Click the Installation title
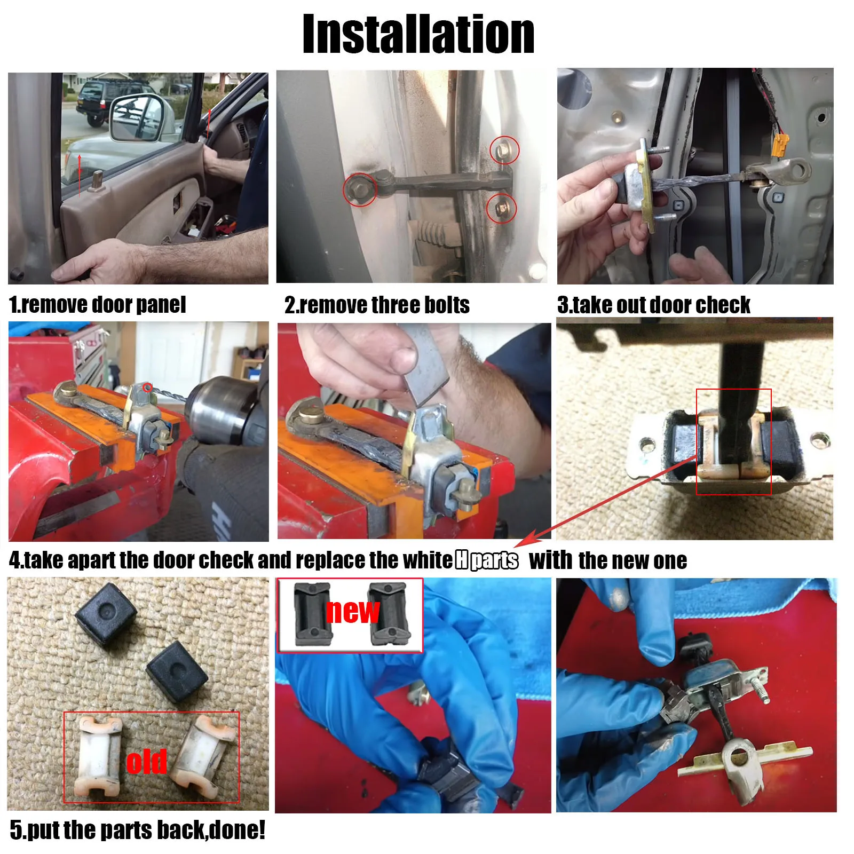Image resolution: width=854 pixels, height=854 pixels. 418,35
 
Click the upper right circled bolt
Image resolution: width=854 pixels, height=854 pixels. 503,150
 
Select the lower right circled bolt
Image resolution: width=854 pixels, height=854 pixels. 501,208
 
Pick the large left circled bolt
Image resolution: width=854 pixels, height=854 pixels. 359,188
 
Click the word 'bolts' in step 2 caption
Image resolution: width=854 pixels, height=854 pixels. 446,305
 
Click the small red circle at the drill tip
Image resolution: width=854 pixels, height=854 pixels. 148,388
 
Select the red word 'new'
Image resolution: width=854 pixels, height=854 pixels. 352,611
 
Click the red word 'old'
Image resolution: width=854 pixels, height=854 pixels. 146,762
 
